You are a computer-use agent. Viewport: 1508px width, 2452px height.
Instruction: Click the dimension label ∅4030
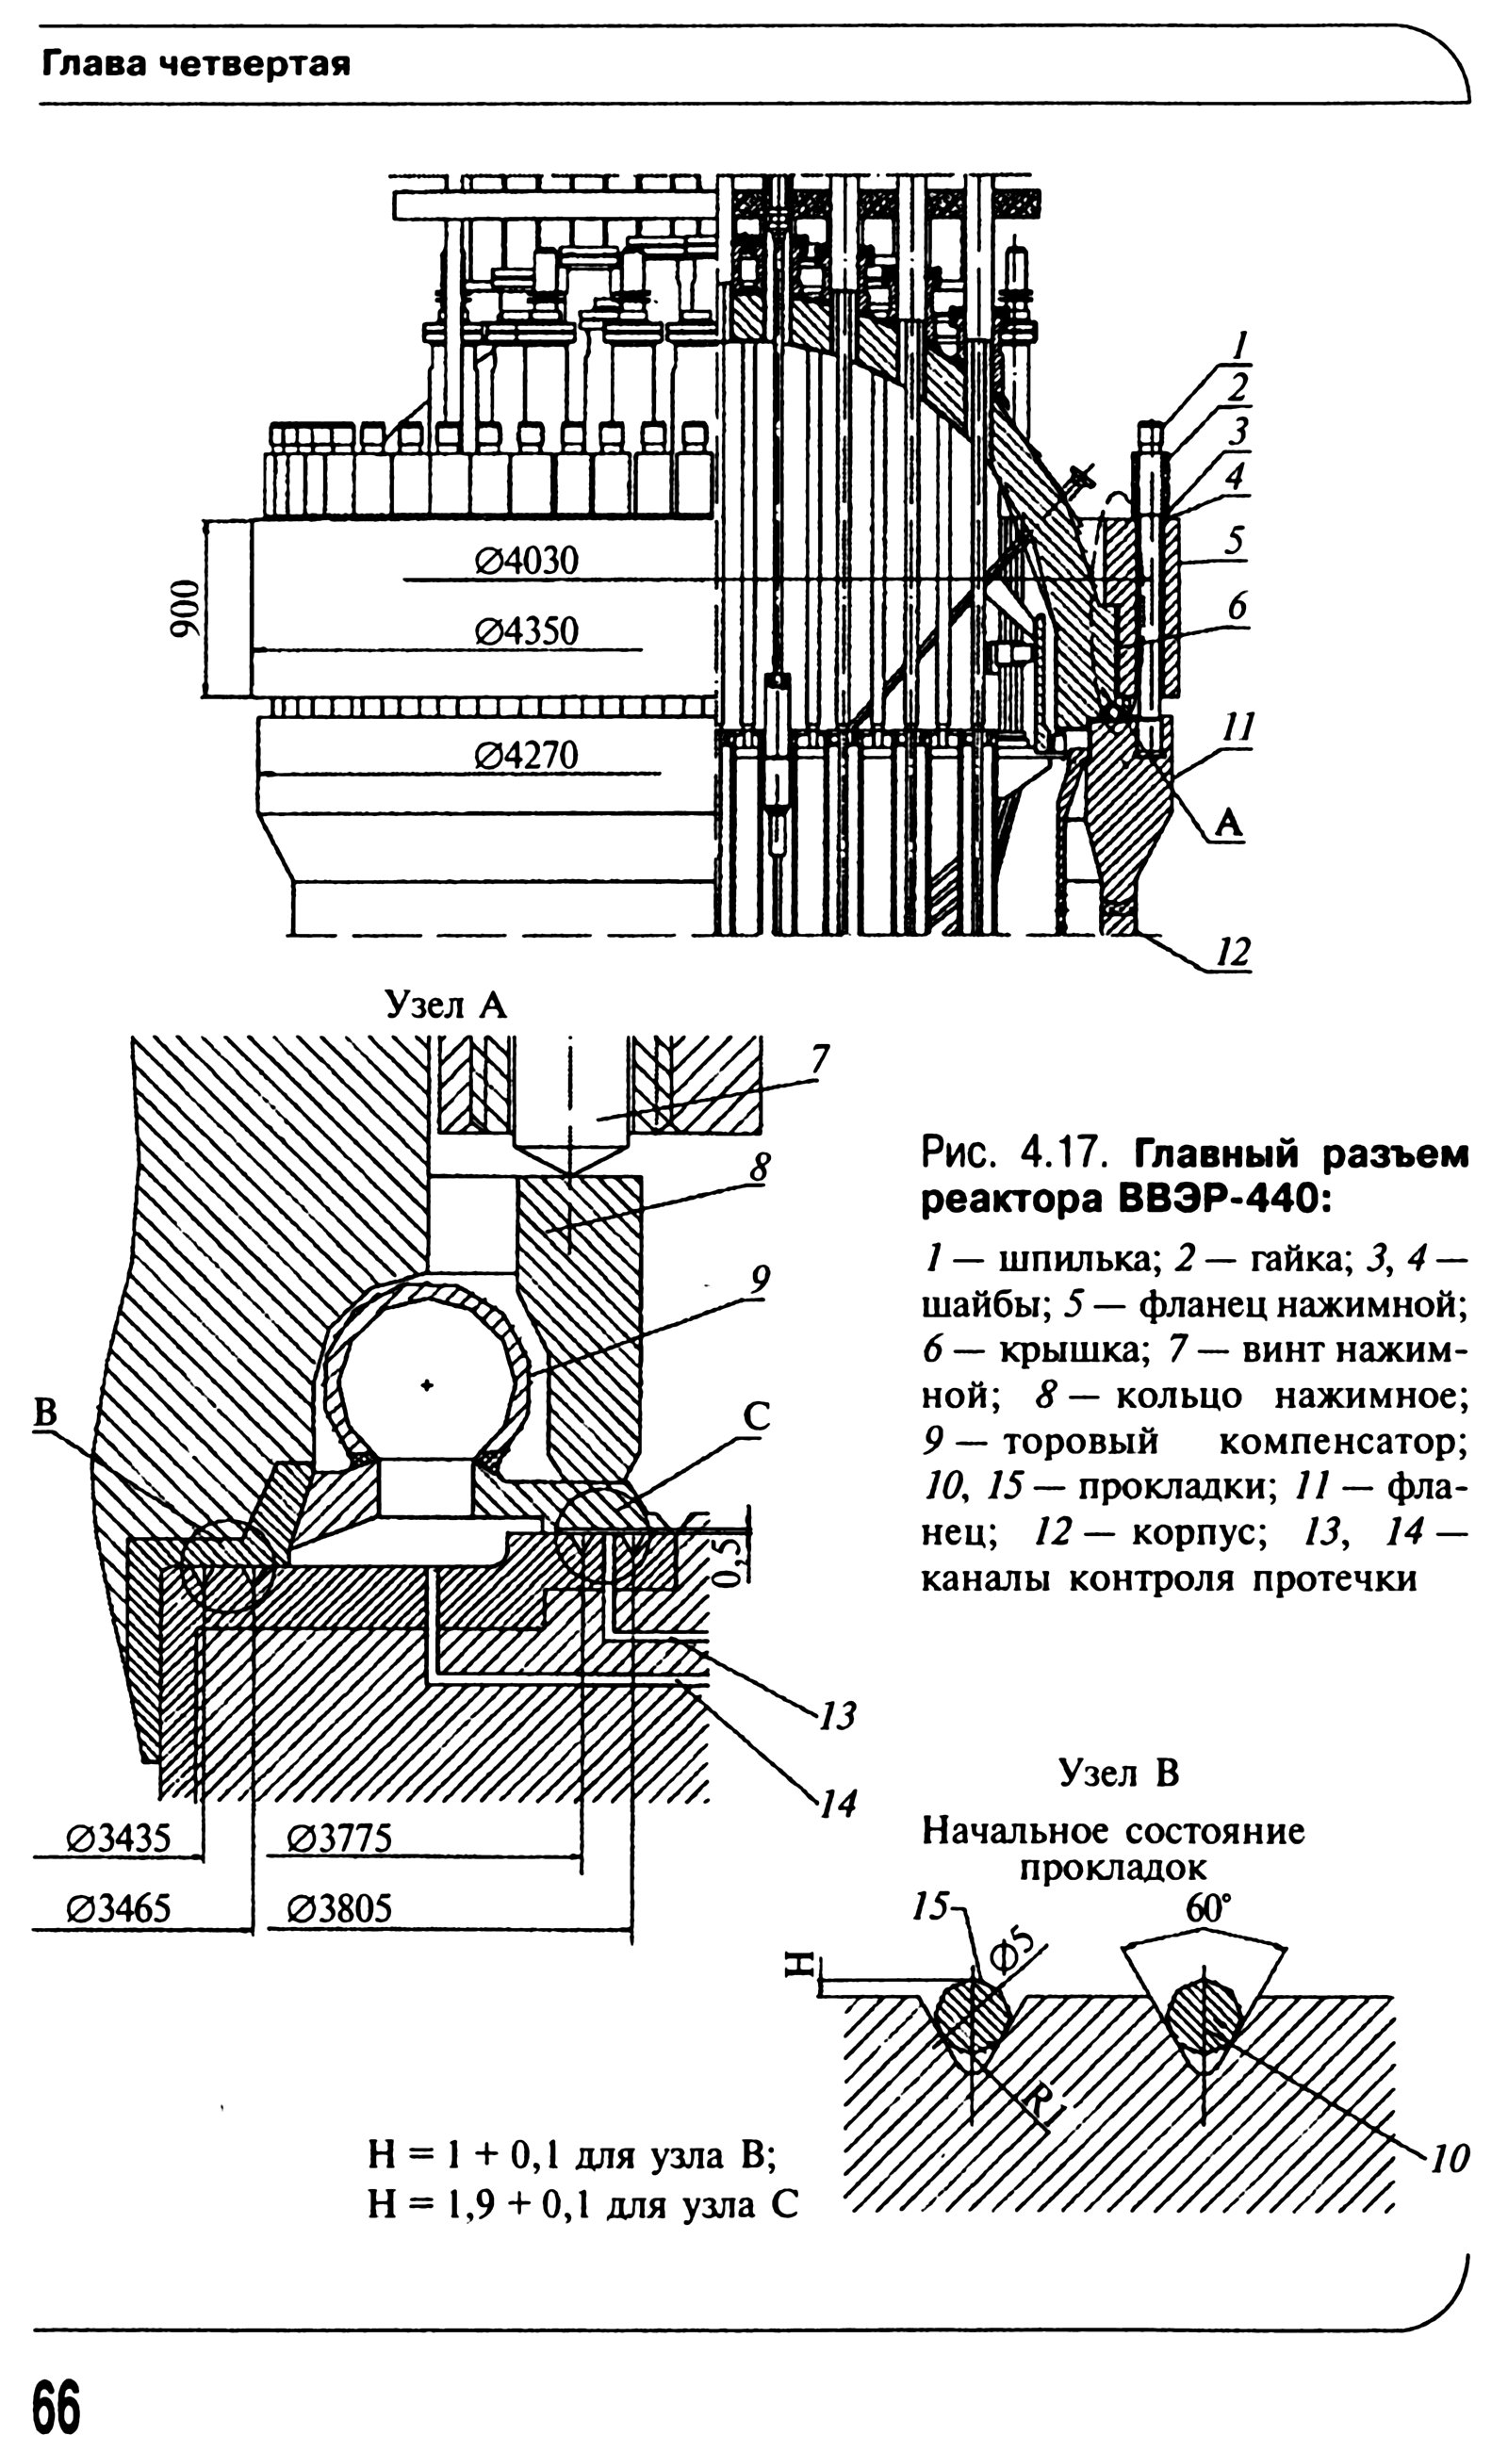(x=526, y=561)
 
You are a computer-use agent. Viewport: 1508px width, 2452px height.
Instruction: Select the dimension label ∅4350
(x=526, y=631)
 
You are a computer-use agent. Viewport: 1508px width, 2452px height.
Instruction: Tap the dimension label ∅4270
(x=526, y=754)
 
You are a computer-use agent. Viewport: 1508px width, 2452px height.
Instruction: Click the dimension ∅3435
(x=118, y=1838)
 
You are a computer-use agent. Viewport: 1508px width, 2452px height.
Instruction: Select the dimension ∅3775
(x=339, y=1838)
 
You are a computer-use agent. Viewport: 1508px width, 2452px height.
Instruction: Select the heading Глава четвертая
(x=195, y=66)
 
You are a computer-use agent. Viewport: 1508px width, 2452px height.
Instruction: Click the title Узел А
(x=446, y=1005)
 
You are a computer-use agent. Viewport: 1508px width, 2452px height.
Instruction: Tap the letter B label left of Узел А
(x=46, y=1413)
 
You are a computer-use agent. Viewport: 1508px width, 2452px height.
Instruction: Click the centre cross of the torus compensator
(x=427, y=1385)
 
